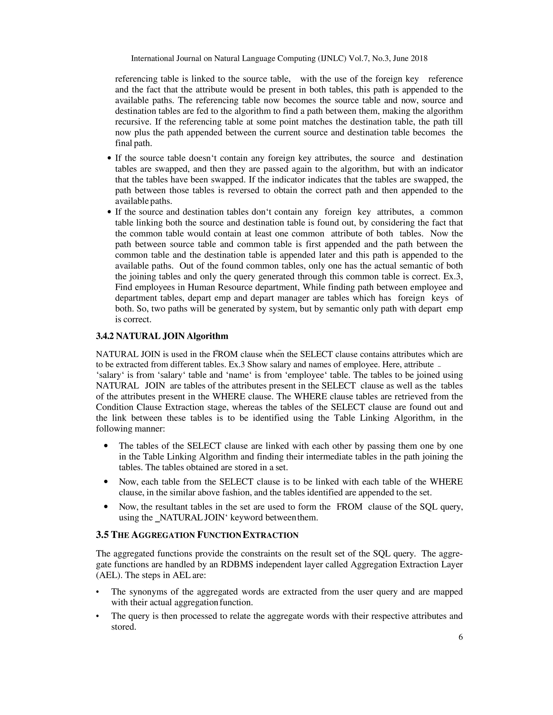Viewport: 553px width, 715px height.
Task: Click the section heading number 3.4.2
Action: tap(105, 336)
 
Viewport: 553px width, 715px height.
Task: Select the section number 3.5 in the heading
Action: tap(102, 535)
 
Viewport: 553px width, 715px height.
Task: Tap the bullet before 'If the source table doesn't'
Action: tap(109, 158)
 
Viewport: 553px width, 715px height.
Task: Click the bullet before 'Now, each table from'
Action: tap(106, 482)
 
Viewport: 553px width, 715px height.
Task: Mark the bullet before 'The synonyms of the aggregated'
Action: tap(97, 592)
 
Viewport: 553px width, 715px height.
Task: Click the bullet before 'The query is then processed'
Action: tap(97, 616)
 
